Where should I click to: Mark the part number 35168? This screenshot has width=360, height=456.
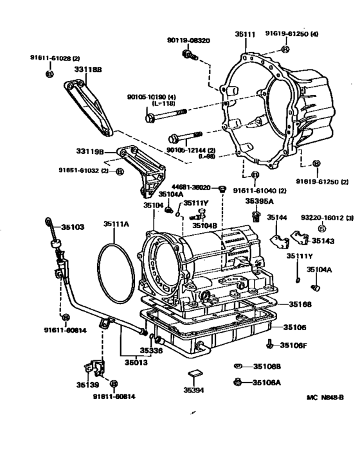[x=301, y=304]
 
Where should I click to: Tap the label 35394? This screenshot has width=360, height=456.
[x=194, y=390]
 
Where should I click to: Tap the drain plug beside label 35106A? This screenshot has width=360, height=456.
[x=238, y=382]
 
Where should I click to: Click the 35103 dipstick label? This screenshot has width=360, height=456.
[x=73, y=227]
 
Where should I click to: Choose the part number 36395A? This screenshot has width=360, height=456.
[x=258, y=200]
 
